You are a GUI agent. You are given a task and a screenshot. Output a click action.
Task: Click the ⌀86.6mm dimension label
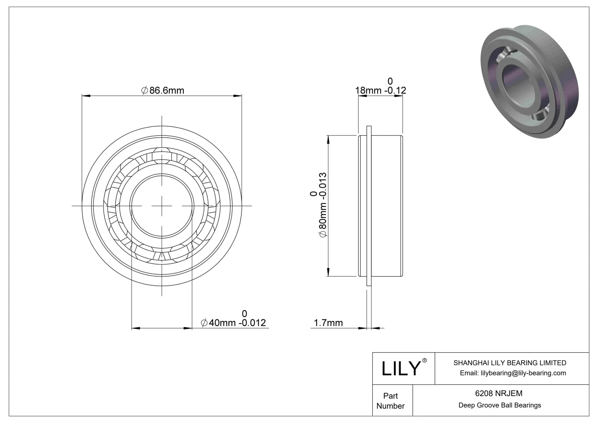click(x=163, y=91)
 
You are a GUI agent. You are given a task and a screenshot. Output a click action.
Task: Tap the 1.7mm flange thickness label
click(x=328, y=323)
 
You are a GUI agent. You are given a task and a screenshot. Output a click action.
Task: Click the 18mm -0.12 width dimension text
click(x=380, y=91)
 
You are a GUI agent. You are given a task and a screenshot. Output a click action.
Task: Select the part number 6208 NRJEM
click(x=499, y=393)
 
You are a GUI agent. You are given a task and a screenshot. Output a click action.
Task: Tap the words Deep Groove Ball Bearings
click(x=499, y=405)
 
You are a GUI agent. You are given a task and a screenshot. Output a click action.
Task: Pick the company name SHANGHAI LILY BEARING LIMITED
click(x=509, y=363)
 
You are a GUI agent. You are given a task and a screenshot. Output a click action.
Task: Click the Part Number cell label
click(x=391, y=401)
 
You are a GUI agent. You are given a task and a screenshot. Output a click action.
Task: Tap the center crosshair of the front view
click(x=162, y=206)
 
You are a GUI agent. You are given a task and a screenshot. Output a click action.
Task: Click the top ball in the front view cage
click(x=162, y=154)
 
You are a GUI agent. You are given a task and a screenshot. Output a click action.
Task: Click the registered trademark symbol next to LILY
click(x=424, y=361)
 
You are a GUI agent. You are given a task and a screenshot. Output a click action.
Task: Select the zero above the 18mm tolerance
click(x=390, y=81)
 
